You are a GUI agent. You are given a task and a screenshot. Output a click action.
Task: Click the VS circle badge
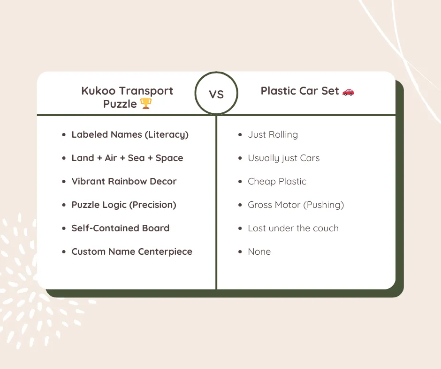(x=216, y=94)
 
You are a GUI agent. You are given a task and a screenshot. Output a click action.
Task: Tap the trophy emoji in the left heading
(x=146, y=103)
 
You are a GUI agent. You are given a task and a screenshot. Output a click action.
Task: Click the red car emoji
(x=348, y=91)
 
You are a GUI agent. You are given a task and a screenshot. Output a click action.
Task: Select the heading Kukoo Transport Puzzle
(x=127, y=97)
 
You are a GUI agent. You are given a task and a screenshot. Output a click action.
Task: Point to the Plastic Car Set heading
(x=300, y=91)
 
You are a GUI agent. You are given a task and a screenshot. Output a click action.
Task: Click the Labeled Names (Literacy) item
(x=130, y=135)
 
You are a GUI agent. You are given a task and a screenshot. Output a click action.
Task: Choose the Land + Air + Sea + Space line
(x=127, y=158)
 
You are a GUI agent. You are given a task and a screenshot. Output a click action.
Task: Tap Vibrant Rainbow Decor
(x=124, y=182)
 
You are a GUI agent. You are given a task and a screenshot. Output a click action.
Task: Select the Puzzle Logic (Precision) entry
(x=124, y=205)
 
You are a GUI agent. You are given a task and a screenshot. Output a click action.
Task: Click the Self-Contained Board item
(x=120, y=229)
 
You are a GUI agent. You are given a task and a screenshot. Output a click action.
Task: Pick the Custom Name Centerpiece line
(x=132, y=252)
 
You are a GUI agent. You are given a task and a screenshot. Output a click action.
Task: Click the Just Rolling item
(x=273, y=135)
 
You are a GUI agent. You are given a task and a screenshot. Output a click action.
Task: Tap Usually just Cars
(x=283, y=158)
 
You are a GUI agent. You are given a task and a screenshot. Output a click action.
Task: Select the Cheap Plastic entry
(x=277, y=182)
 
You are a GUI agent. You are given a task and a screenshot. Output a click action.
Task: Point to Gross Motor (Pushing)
(x=296, y=205)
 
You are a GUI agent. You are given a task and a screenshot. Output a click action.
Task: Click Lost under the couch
(x=293, y=229)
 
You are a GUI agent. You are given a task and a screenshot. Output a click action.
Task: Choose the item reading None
(x=259, y=252)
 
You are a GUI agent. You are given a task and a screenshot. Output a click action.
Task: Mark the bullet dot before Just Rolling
(x=240, y=135)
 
